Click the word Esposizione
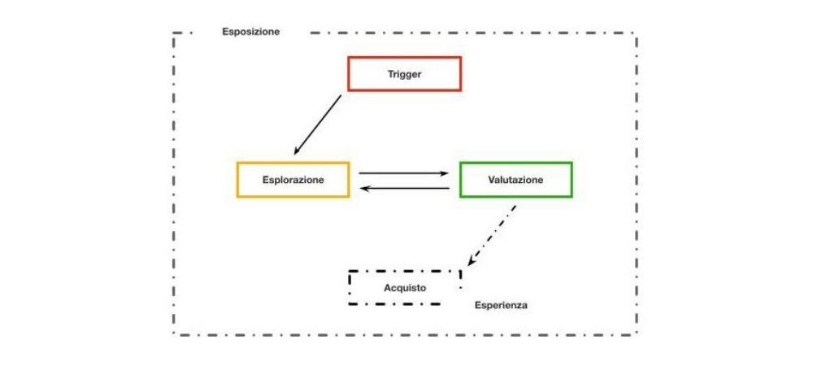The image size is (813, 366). pos(250,32)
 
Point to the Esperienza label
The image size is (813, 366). pos(502,306)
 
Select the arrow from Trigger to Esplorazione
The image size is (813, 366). pos(318,124)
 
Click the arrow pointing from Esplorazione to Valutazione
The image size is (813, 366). pos(404,172)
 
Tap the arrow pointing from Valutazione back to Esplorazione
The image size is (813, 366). pos(404,189)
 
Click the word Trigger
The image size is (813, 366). pos(404,74)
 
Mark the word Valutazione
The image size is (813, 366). pos(515,180)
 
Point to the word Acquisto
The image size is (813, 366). pos(404,288)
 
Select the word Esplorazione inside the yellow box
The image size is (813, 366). pos(293,181)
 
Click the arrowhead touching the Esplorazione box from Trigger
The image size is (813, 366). pos(298,150)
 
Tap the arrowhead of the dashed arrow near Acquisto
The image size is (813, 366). pos(471,262)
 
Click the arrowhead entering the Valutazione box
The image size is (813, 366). pos(446,172)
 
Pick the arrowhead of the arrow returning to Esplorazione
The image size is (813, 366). pos(363,189)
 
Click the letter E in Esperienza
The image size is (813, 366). pos(478,306)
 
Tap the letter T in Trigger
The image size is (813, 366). pos(389,74)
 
